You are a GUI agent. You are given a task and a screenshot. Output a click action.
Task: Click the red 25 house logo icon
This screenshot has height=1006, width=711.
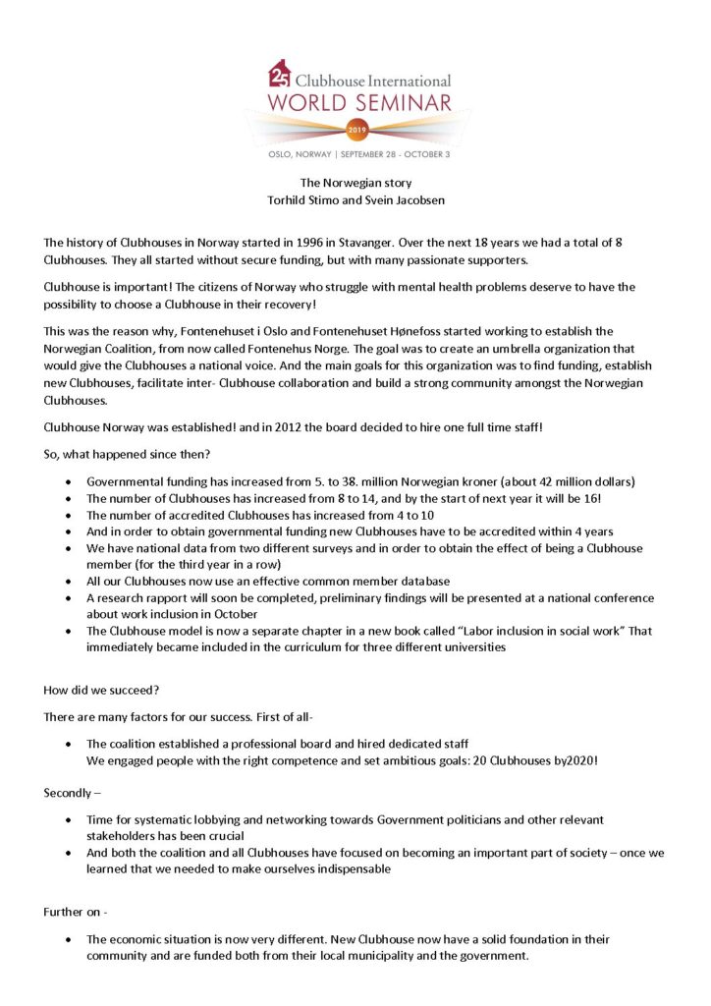point(279,73)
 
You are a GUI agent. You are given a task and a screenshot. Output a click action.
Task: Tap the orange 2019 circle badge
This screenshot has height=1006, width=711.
point(355,129)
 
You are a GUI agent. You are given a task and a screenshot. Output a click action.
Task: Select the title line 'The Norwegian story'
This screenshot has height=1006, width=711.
point(355,182)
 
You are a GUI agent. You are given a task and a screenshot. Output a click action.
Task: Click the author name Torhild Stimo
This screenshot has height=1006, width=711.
point(294,200)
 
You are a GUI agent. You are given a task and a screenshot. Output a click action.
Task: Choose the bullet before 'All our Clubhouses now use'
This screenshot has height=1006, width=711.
point(67,582)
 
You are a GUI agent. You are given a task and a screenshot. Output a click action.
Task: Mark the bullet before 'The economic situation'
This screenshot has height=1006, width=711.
point(67,939)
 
